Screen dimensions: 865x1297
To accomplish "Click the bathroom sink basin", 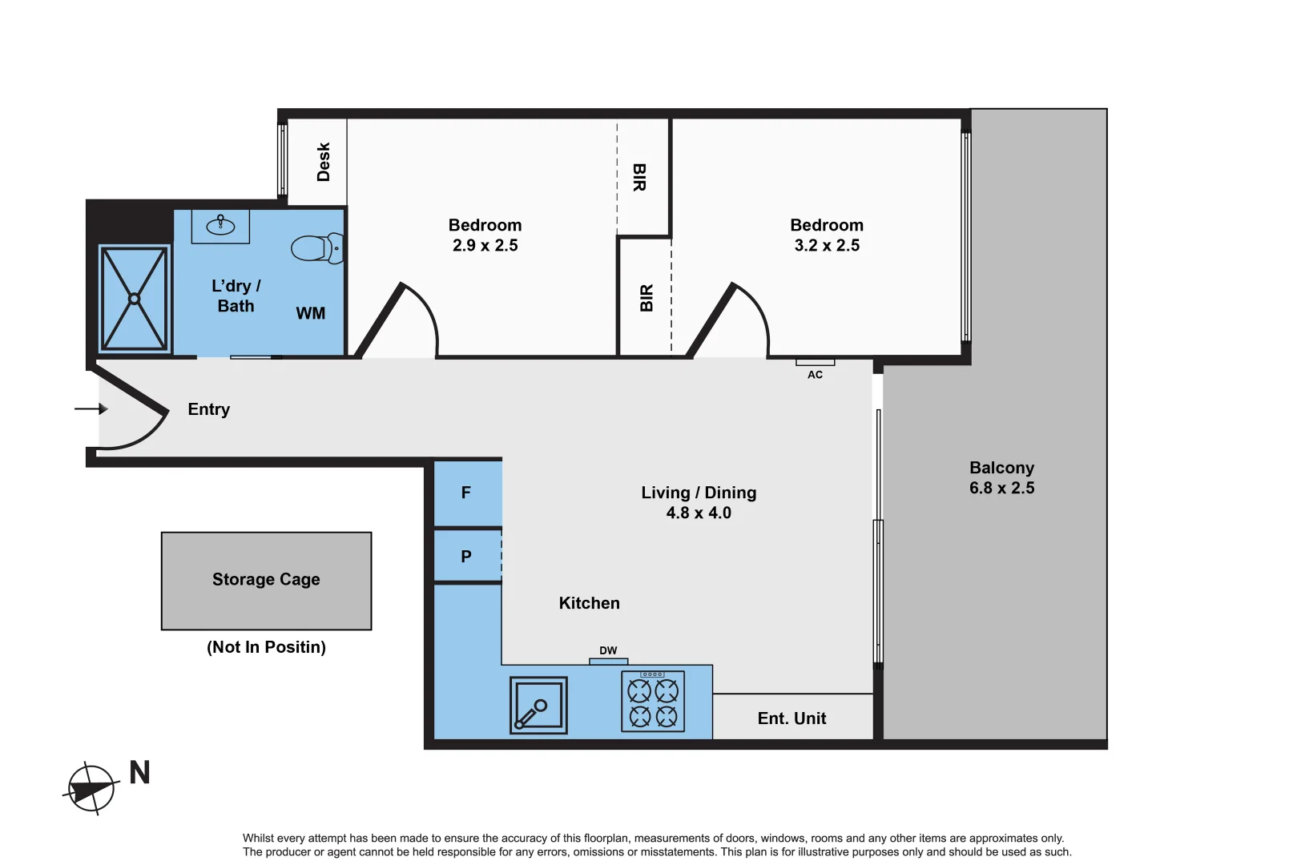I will tap(220, 227).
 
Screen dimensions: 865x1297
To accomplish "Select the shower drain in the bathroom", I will tap(134, 299).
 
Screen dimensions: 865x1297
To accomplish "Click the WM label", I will tap(311, 313).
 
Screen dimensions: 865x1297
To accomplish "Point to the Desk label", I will tap(324, 162).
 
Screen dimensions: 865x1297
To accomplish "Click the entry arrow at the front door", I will tap(91, 408).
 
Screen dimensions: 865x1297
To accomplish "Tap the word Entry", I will tap(208, 409).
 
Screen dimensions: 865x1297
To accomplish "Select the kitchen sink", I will tap(538, 705).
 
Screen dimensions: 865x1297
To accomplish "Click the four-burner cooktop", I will tap(653, 702).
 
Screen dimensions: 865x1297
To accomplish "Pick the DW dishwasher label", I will tap(608, 650).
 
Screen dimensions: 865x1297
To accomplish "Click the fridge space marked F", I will tap(466, 493).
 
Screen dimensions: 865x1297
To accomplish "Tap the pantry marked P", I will tap(466, 556).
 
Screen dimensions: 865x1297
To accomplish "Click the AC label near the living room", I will tap(815, 374).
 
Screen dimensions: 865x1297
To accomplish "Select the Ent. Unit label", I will tap(791, 718).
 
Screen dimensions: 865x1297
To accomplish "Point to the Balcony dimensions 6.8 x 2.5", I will tap(1001, 488).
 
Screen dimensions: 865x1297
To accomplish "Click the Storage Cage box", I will tap(266, 580).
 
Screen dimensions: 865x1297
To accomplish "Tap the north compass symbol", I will tap(91, 789).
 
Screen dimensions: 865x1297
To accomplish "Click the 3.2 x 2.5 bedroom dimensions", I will tap(827, 245).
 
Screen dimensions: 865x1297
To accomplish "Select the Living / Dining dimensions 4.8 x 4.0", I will tap(699, 513).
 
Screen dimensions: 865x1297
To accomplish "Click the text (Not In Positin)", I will tap(266, 647).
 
